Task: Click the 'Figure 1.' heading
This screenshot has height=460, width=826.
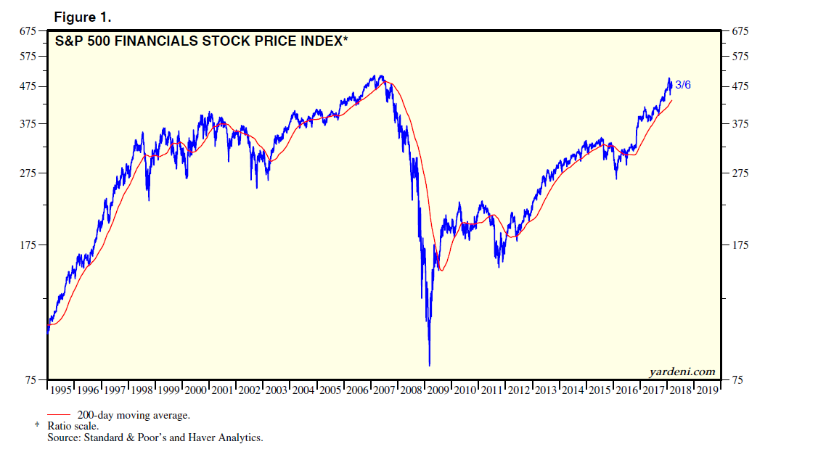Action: pos(82,17)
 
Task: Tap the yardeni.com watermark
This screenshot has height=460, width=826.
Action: pos(682,371)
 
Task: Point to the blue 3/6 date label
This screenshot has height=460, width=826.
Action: pos(683,86)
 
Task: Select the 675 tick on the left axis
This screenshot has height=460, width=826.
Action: pos(27,31)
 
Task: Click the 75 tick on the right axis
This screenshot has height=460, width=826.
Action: pos(738,380)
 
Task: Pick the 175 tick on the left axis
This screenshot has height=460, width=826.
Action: pos(27,245)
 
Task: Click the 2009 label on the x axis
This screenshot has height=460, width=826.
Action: pos(438,390)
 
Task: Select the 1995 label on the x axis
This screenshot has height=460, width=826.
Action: pos(61,390)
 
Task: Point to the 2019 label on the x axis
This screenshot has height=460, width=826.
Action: pos(706,390)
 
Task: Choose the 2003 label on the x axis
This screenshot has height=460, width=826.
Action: pos(277,390)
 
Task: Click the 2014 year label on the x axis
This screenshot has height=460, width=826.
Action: pos(572,390)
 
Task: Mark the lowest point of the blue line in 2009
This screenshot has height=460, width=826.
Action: pos(430,366)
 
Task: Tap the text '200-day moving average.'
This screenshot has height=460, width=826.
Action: pos(134,415)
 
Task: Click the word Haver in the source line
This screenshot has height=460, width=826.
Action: pos(190,438)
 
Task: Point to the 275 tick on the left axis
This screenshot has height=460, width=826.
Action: pos(27,173)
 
